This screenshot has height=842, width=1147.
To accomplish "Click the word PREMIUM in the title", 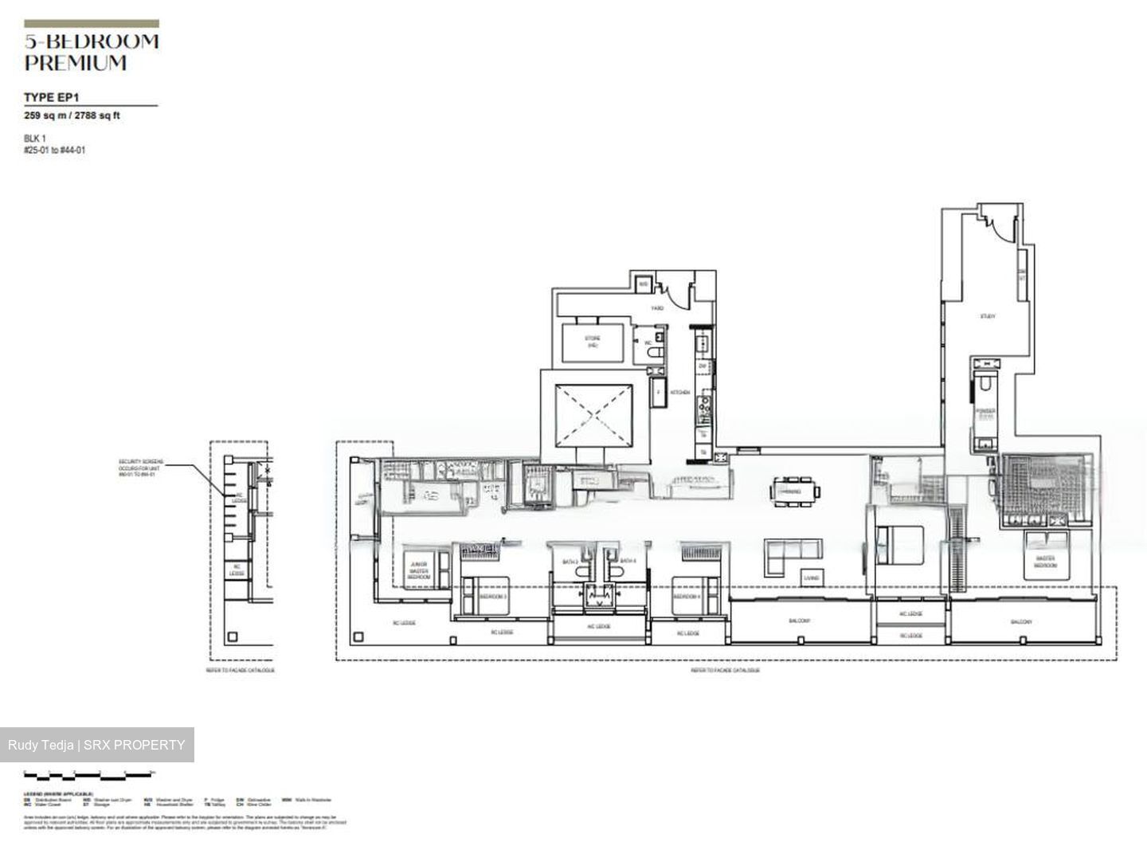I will tap(76, 63).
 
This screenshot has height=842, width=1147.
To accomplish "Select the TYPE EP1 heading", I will tap(51, 97).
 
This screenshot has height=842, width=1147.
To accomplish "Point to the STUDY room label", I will tap(988, 316).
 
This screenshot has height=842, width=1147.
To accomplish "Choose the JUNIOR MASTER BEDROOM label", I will tap(418, 570).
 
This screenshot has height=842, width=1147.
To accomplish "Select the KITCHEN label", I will tap(679, 393).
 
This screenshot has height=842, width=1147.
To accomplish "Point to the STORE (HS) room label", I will tap(593, 343).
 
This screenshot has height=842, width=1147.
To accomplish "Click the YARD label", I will tap(657, 307).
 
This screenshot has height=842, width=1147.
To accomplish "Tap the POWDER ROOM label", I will tap(986, 413).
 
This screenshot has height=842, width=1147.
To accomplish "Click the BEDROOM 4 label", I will tap(686, 597).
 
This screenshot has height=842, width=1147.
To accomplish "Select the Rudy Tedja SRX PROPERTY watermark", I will tap(96, 745).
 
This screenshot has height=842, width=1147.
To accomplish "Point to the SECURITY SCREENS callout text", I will tap(140, 468).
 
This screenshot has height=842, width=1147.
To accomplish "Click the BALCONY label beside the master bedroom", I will tap(1021, 621).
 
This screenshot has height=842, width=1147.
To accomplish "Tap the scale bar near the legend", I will tap(88, 774).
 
